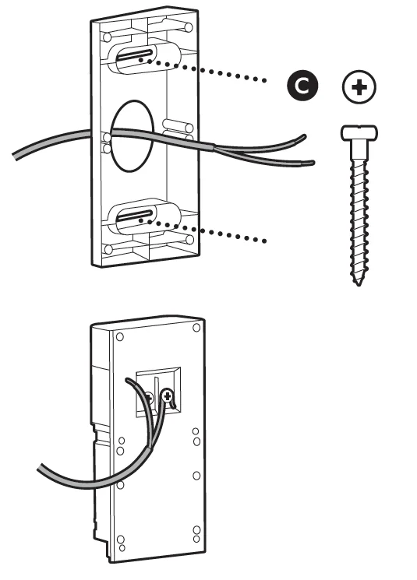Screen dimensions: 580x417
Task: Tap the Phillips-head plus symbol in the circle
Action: (359, 89)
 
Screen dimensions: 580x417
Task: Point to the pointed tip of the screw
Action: (358, 281)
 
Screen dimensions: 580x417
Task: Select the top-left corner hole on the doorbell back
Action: (118, 337)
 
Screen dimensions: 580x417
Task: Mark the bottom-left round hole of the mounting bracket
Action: (108, 249)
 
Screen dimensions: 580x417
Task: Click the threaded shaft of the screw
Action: (358, 210)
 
